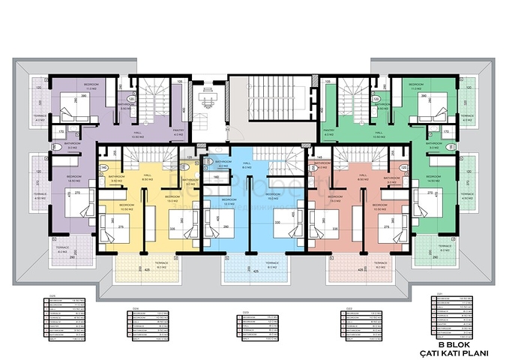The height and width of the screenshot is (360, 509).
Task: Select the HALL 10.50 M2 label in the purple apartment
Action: pos(137,135)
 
